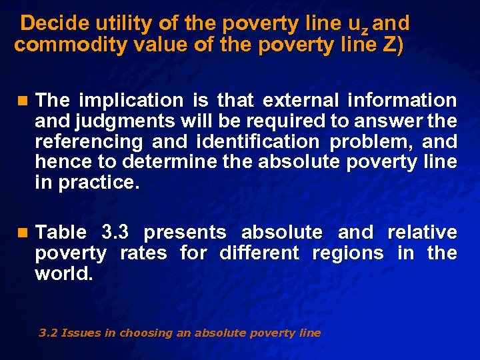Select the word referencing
(89, 142)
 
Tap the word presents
(185, 233)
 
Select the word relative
(422, 233)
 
